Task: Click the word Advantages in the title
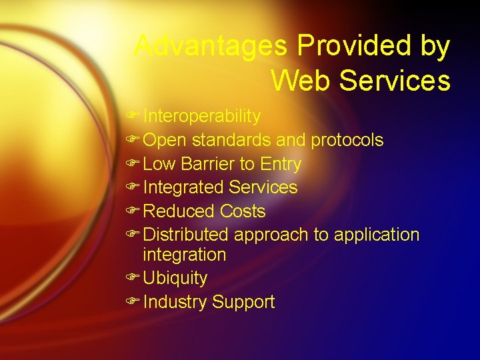[211, 47]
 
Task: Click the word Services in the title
[395, 81]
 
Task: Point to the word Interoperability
[201, 117]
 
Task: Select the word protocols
[347, 141]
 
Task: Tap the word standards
[231, 141]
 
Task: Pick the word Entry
[281, 164]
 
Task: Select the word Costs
[243, 212]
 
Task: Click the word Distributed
[186, 235]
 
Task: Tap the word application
[377, 235]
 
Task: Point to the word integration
[185, 255]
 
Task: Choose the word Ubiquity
[175, 278]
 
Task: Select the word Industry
[175, 302]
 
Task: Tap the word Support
[243, 302]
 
